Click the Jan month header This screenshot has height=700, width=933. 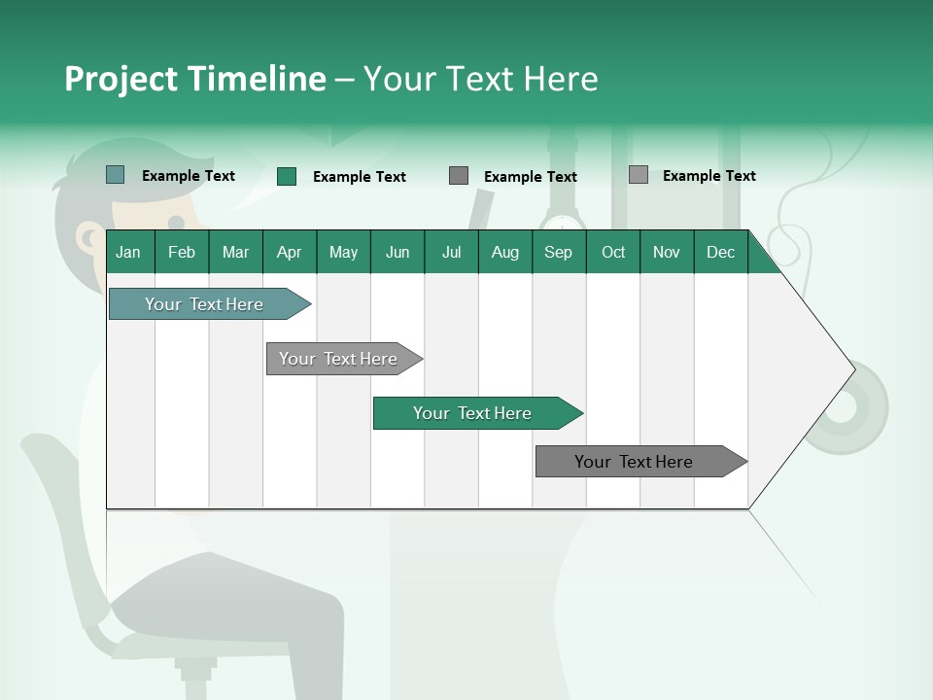point(129,252)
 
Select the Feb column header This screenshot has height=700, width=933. point(182,252)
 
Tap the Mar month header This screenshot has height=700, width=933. point(235,252)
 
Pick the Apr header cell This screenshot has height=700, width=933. point(290,252)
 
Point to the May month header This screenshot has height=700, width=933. point(343,252)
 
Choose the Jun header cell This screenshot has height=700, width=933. point(397,252)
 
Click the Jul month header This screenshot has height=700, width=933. point(451,252)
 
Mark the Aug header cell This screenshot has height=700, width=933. point(505,252)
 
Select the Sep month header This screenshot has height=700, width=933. point(559,252)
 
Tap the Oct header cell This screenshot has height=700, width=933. point(613,252)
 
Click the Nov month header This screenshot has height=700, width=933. point(667,252)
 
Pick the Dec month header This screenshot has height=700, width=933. point(721,252)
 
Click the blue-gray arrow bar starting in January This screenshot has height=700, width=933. point(204,304)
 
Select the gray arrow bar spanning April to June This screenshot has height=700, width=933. point(338,359)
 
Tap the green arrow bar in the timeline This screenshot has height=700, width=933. point(472,413)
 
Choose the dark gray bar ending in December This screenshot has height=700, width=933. point(634,462)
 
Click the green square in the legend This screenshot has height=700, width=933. point(287,176)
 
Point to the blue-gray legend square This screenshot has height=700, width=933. point(116,175)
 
